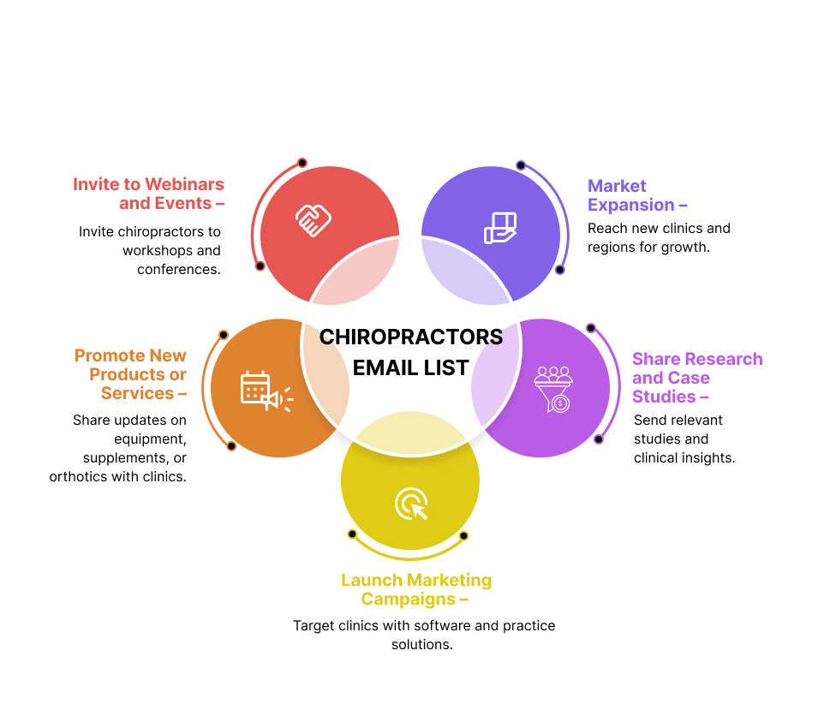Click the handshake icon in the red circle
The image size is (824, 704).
pos(313,219)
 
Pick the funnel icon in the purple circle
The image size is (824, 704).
pos(553,390)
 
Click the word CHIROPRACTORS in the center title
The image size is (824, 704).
pos(411,337)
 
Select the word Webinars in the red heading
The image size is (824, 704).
pos(185,184)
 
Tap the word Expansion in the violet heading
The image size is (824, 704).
pos(631,205)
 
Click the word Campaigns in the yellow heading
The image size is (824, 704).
pos(408,599)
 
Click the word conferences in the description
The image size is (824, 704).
pos(177,269)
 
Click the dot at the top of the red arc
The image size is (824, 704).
pos(302,163)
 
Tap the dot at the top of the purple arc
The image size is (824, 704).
pos(590,328)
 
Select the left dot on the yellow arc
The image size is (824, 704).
pos(352,534)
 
